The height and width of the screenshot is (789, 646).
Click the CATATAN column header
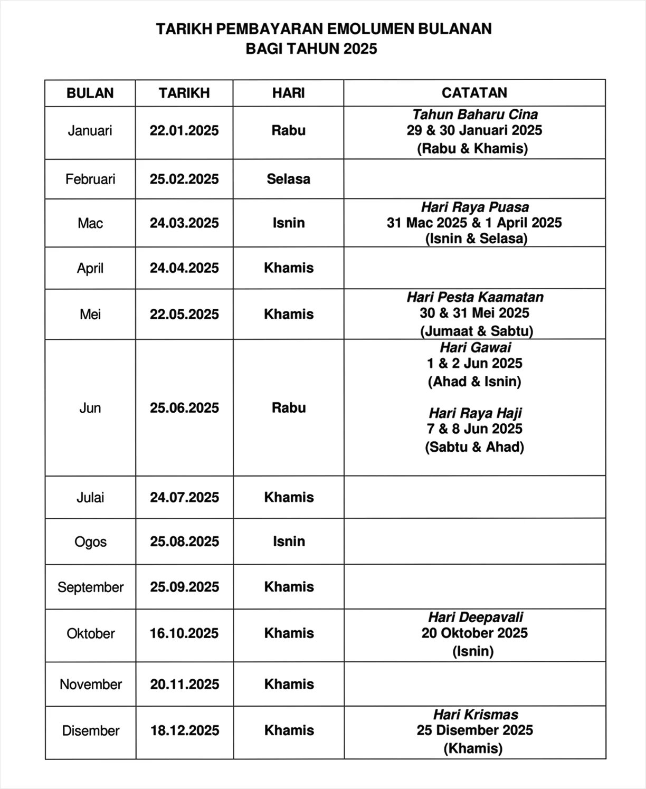(x=474, y=93)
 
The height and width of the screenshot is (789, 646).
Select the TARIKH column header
(x=184, y=93)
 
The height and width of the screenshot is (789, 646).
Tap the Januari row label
(x=90, y=130)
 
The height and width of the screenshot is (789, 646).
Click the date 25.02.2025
(x=184, y=179)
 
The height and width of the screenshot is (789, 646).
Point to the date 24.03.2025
(x=184, y=223)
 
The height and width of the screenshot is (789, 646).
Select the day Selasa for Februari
(x=288, y=179)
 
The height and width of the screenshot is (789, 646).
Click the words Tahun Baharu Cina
(x=474, y=115)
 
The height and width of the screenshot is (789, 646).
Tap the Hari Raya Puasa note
(x=474, y=207)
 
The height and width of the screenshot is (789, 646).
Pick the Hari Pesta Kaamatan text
(x=474, y=297)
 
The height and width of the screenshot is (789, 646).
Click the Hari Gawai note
(x=475, y=347)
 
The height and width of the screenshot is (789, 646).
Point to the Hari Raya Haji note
(x=475, y=413)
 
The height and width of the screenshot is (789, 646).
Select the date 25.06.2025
(x=184, y=407)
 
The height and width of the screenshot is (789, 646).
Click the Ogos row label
(x=90, y=542)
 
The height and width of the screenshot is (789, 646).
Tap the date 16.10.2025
(x=184, y=633)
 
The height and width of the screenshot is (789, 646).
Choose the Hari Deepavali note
(x=475, y=617)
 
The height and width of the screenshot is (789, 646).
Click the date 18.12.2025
(x=185, y=730)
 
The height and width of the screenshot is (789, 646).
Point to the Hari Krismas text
(x=476, y=715)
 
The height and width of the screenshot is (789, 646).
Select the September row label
(x=90, y=587)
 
